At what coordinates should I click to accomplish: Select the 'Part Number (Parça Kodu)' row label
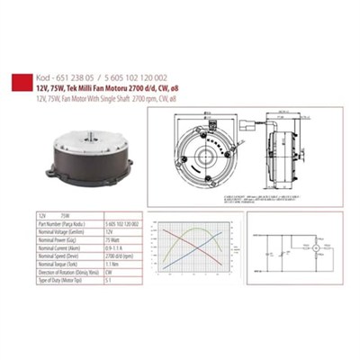pyautogui.click(x=56, y=222)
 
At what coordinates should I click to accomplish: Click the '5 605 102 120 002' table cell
pyautogui.click(x=121, y=222)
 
